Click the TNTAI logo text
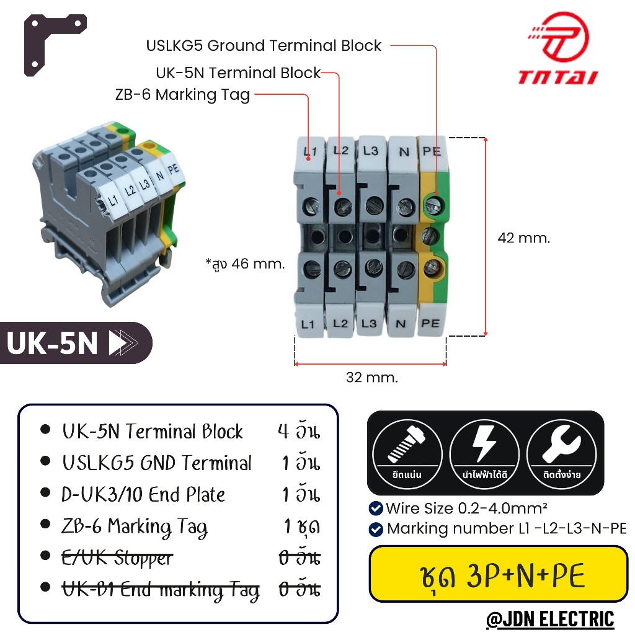pyautogui.click(x=558, y=77)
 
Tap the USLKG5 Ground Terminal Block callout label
pyautogui.click(x=264, y=45)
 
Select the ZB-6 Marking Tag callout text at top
pyautogui.click(x=182, y=95)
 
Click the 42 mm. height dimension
pyautogui.click(x=523, y=238)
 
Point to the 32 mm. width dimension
pyautogui.click(x=372, y=377)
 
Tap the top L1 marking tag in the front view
pyautogui.click(x=310, y=151)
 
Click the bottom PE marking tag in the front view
pyautogui.click(x=430, y=323)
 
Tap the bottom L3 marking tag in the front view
pyautogui.click(x=370, y=323)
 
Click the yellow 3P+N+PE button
pyautogui.click(x=498, y=575)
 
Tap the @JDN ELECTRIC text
pyautogui.click(x=550, y=618)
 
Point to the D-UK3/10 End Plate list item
pyautogui.click(x=144, y=495)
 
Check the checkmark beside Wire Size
pyautogui.click(x=376, y=508)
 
